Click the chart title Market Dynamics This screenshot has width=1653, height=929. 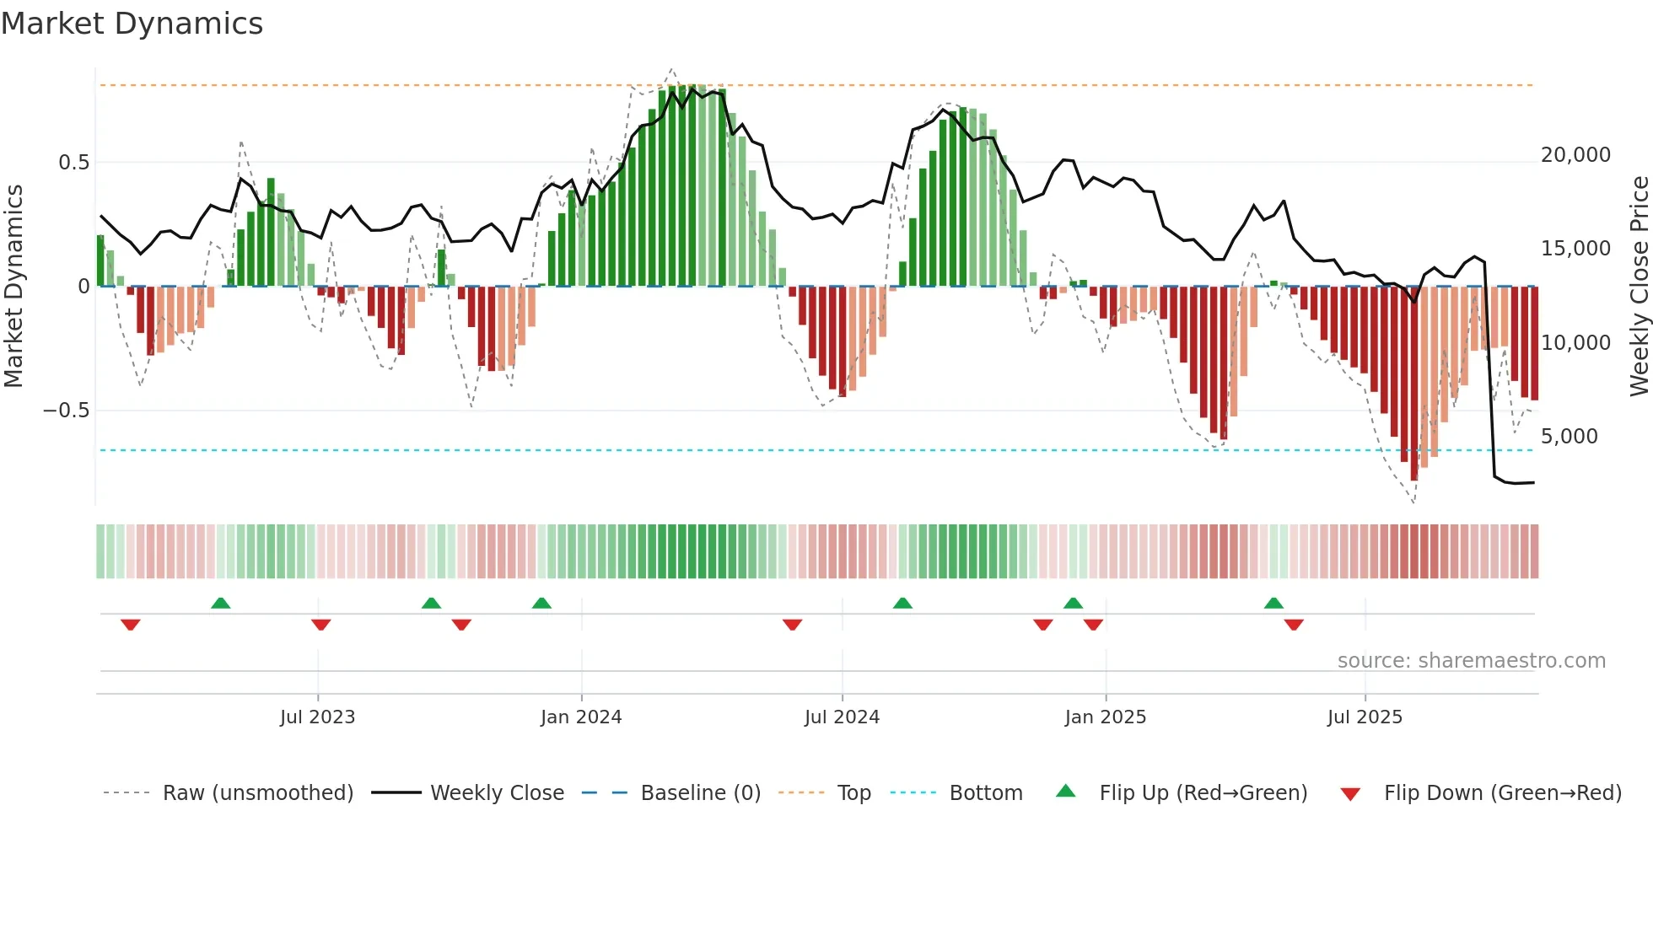click(132, 24)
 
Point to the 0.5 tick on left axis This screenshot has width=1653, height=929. click(73, 163)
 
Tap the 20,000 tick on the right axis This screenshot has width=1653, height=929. click(1575, 155)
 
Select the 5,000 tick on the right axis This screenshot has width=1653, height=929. click(1569, 437)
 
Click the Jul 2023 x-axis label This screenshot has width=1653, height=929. click(317, 717)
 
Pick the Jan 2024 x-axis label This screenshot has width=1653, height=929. click(581, 717)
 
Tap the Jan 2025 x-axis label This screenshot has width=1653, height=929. click(1105, 717)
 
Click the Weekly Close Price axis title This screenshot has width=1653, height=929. click(1639, 286)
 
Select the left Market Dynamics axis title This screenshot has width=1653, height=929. click(13, 286)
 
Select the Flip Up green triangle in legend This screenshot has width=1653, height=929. click(1066, 791)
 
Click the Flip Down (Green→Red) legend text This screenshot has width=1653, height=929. click(1502, 793)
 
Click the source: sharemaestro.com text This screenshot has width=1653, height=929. click(1471, 661)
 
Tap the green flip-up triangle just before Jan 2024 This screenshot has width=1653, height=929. click(541, 603)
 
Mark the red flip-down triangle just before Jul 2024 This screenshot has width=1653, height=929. click(792, 625)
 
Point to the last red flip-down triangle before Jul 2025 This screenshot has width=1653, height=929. click(1294, 625)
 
